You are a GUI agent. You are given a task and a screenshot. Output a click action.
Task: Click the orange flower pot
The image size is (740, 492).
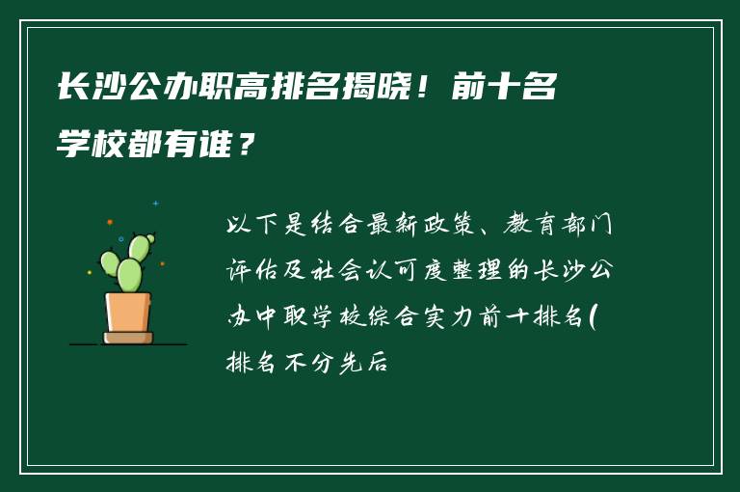128,312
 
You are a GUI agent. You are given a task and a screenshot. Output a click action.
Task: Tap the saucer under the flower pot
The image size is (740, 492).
128,338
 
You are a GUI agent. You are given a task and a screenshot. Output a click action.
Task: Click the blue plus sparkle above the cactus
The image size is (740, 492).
155,204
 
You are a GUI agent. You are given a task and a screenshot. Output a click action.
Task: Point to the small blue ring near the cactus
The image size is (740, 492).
120,239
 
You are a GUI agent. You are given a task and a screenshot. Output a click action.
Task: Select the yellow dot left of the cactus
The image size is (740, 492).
90,272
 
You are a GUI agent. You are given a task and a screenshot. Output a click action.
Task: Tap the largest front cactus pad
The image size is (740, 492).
129,275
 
